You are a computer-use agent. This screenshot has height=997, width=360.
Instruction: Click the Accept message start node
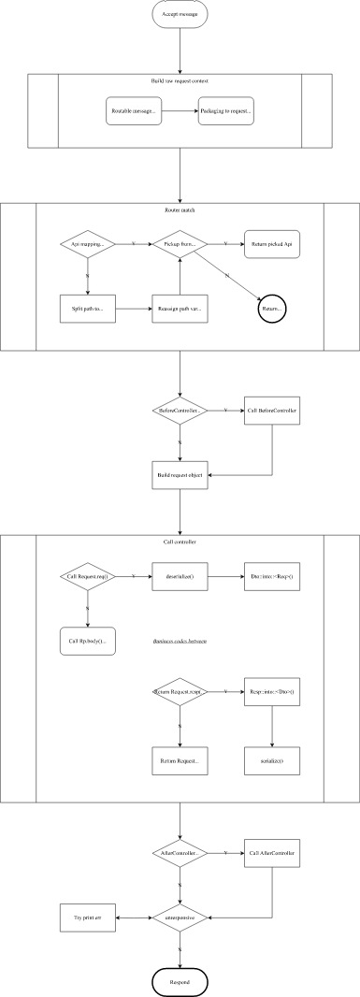point(180,16)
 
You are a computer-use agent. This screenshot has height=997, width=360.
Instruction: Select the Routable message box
point(132,112)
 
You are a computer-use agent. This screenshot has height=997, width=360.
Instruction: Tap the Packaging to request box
point(225,112)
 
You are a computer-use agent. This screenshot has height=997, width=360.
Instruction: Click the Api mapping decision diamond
point(88,244)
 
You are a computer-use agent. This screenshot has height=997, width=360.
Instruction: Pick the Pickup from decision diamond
point(180,244)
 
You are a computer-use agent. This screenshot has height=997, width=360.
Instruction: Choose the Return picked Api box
point(272,244)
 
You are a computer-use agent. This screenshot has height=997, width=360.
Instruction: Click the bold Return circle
point(272,308)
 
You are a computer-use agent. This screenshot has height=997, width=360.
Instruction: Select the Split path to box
point(88,309)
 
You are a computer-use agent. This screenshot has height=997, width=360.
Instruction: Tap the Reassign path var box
point(180,309)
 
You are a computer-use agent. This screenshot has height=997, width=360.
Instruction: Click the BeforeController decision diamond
point(180,411)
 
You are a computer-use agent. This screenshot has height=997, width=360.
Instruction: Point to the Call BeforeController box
point(272,411)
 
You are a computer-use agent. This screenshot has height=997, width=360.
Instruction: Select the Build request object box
point(180,475)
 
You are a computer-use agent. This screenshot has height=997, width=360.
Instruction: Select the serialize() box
point(272,761)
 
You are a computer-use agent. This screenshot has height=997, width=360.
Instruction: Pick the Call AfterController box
point(272,853)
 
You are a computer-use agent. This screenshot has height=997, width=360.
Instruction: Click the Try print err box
point(88,918)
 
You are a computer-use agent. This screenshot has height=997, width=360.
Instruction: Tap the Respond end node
point(180,981)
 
